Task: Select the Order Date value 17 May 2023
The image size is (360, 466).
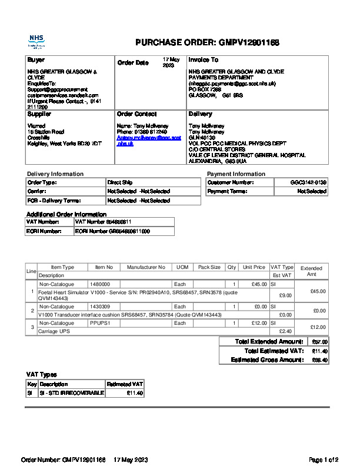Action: coord(171,63)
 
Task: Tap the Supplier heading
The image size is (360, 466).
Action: coord(39,114)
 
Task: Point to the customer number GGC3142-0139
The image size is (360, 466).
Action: coord(308,183)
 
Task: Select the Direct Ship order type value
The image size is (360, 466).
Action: coord(120,183)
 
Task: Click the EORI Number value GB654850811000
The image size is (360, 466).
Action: coord(112,232)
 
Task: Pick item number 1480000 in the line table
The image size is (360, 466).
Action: coord(99,284)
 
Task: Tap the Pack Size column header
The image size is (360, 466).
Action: coord(209,267)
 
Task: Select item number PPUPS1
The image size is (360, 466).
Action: coord(99,323)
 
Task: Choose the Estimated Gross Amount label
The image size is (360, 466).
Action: coord(267,360)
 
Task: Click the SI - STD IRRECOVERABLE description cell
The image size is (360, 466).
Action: coord(71,393)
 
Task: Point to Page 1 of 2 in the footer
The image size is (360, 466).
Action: coord(324,460)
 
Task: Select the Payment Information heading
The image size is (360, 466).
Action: coord(236,174)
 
